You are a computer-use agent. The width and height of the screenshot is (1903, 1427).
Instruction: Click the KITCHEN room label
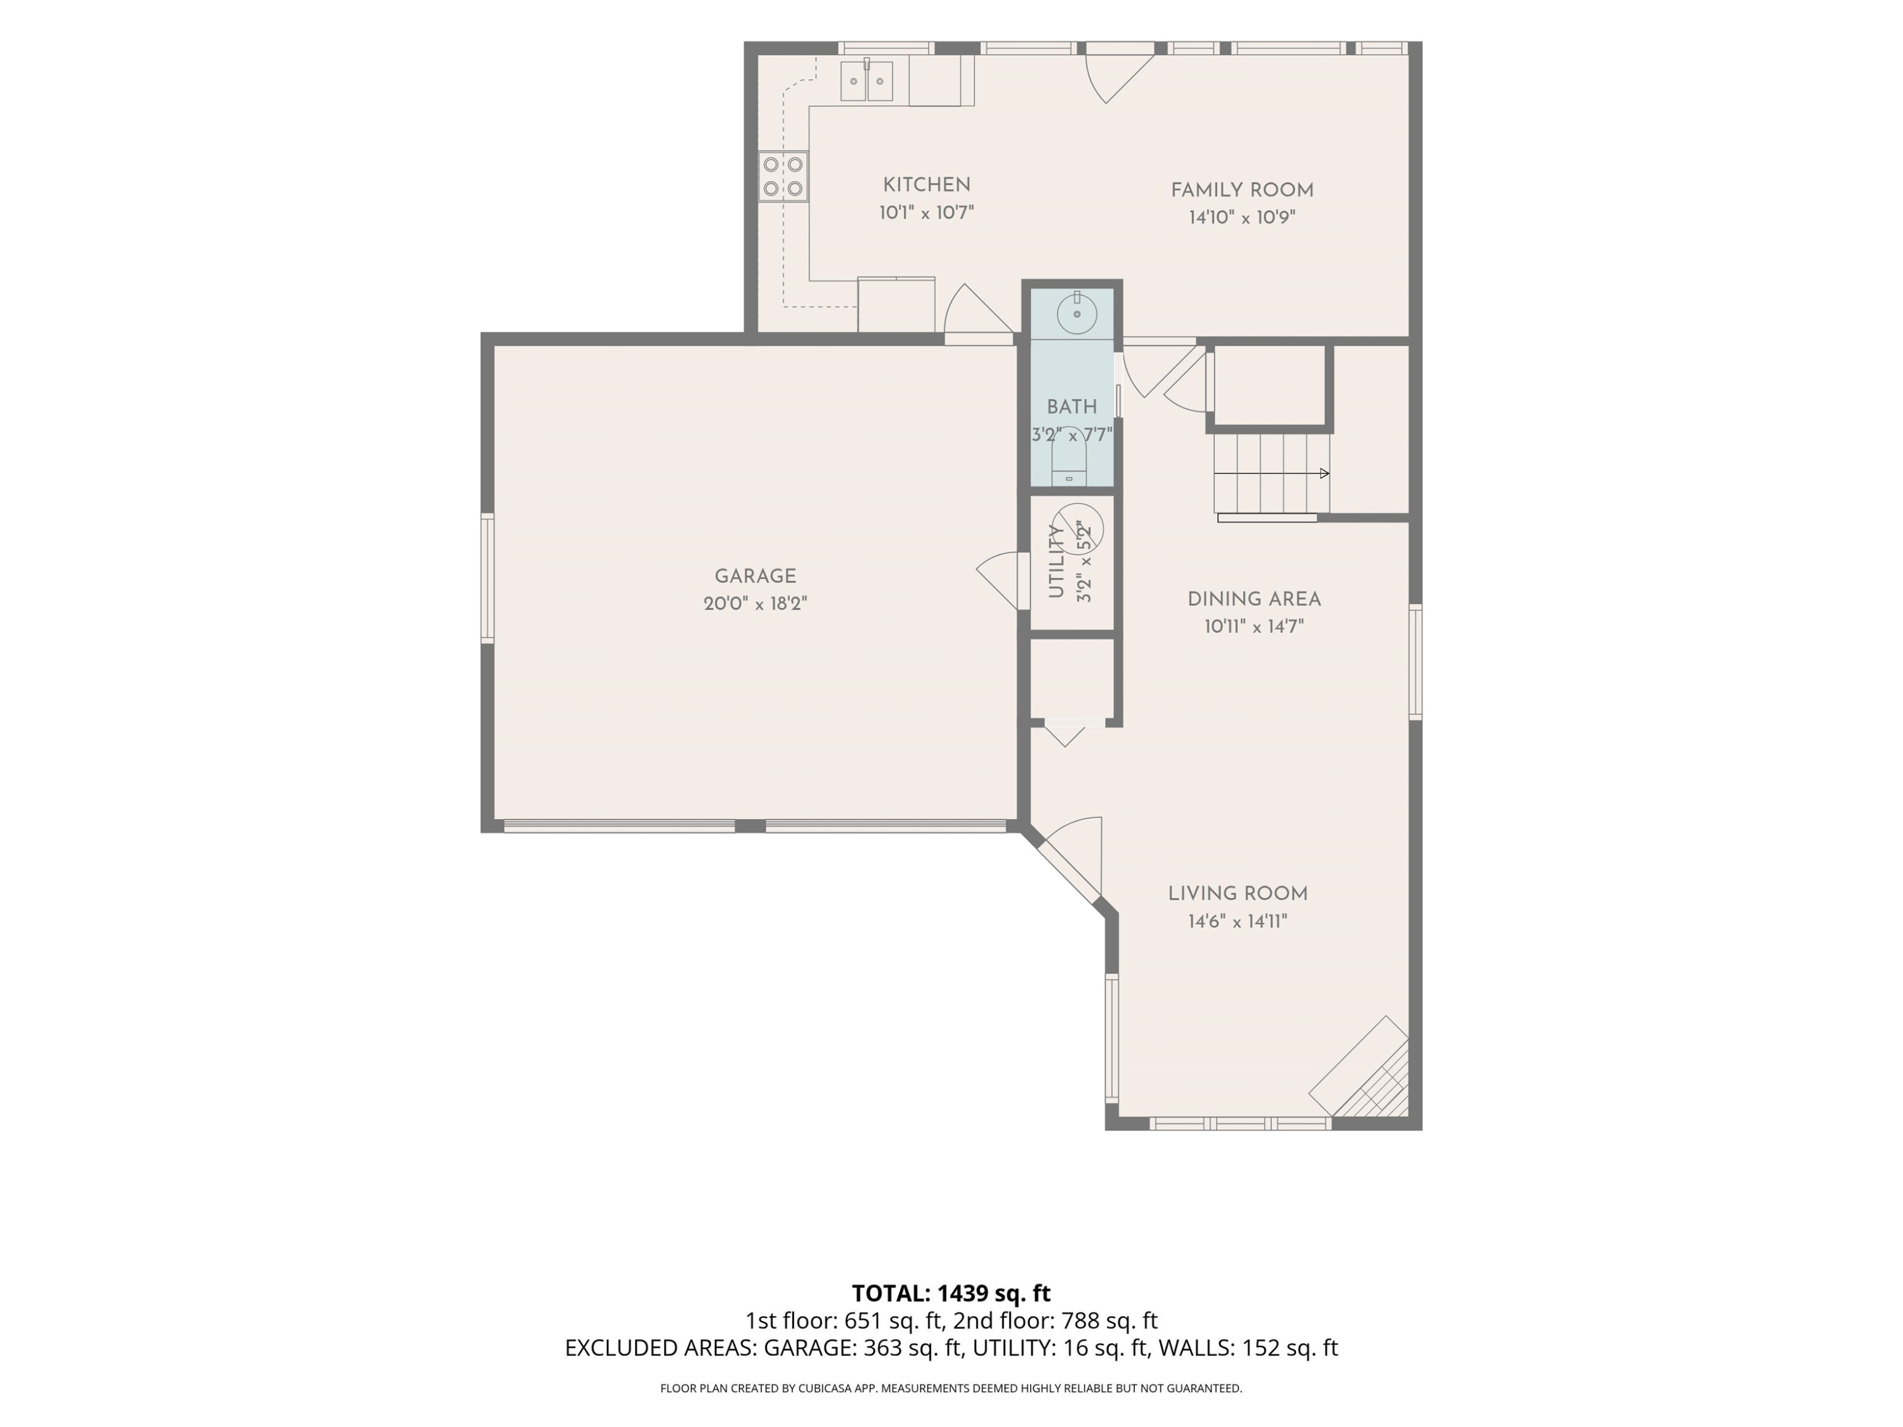click(x=927, y=185)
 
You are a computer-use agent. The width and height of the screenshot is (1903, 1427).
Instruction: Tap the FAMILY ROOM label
click(x=1242, y=190)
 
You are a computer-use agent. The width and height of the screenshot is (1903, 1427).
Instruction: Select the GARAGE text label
click(x=755, y=577)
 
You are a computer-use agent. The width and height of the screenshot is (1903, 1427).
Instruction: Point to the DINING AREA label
click(x=1254, y=599)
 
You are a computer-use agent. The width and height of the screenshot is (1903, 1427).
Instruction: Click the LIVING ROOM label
click(x=1238, y=894)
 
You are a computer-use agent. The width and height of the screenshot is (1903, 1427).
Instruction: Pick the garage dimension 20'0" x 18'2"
click(x=755, y=604)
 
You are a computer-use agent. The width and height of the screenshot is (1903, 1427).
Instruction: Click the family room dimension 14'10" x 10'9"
click(x=1242, y=217)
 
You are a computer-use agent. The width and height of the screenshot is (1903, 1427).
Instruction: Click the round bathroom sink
click(x=1076, y=313)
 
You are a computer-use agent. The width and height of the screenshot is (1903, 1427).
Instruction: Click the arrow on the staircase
click(x=1272, y=473)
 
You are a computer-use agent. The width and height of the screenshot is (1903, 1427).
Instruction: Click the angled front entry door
click(x=1067, y=860)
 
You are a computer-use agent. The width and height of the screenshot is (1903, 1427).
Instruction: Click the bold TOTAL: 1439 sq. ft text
click(x=951, y=1293)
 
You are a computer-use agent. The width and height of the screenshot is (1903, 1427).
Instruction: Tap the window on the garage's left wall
click(x=487, y=578)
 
